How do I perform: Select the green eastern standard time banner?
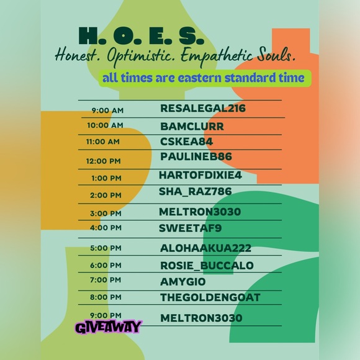click(204, 78)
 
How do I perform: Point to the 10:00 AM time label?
click(106, 125)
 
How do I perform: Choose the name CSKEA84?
click(187, 141)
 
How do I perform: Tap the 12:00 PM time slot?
click(104, 161)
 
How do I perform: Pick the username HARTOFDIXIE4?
click(200, 174)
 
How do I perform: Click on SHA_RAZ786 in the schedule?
click(195, 191)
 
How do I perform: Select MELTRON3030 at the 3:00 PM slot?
click(200, 212)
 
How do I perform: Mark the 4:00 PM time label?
click(106, 228)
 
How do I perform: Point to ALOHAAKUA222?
click(205, 248)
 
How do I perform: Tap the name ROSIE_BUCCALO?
click(207, 266)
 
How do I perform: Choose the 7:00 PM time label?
click(106, 280)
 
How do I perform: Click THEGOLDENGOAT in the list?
click(210, 298)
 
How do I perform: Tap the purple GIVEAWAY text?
click(109, 326)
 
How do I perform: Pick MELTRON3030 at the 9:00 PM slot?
click(201, 318)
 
